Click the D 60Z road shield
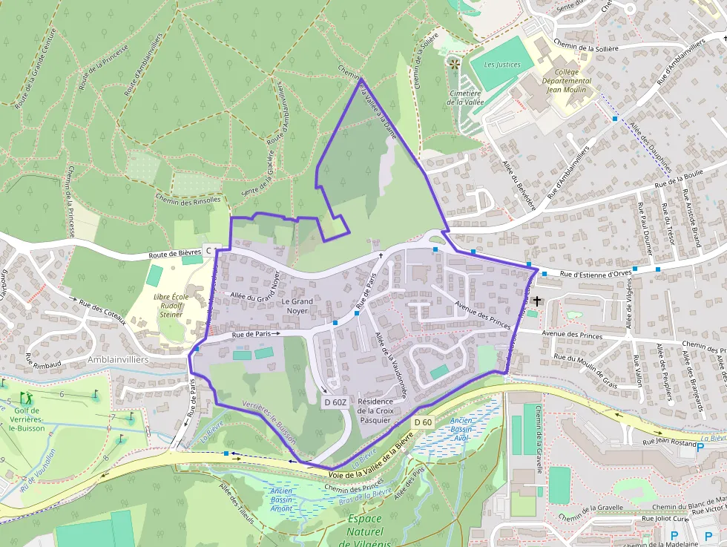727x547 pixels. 335,402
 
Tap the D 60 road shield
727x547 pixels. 423,422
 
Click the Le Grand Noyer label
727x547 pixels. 297,307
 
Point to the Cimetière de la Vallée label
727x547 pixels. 465,98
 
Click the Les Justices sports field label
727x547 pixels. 502,65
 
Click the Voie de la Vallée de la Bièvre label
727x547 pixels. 369,459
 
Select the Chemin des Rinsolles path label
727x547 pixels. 188,200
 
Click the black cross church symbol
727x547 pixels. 536,301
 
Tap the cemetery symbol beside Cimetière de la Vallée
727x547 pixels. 454,65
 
